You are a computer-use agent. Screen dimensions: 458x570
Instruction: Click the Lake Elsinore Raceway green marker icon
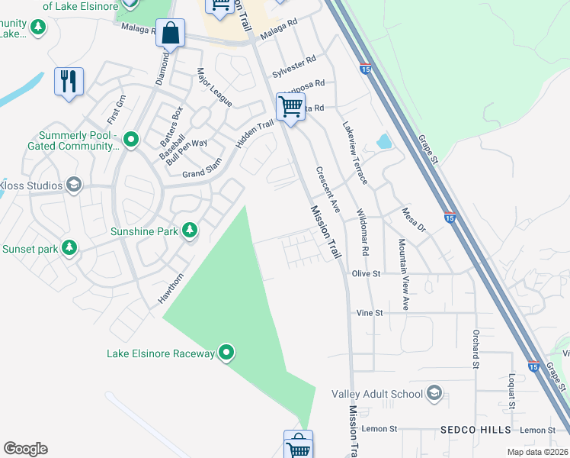226,353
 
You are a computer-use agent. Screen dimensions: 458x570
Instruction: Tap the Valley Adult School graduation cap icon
434,394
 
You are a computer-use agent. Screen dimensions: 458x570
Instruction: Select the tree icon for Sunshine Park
189,231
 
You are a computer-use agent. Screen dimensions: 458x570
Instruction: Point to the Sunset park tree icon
69,248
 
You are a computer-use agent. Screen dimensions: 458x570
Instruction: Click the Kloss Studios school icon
74,185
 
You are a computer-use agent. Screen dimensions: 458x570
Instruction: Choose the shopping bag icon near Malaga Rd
171,34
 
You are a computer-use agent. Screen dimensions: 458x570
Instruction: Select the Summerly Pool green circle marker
131,140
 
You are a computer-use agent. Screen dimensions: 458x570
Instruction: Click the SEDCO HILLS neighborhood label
476,431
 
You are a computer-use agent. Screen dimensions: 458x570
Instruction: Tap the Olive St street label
366,273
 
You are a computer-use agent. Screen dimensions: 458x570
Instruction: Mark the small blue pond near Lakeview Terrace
383,141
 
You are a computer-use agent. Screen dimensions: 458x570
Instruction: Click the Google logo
25,449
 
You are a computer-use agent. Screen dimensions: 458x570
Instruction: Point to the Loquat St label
512,389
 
